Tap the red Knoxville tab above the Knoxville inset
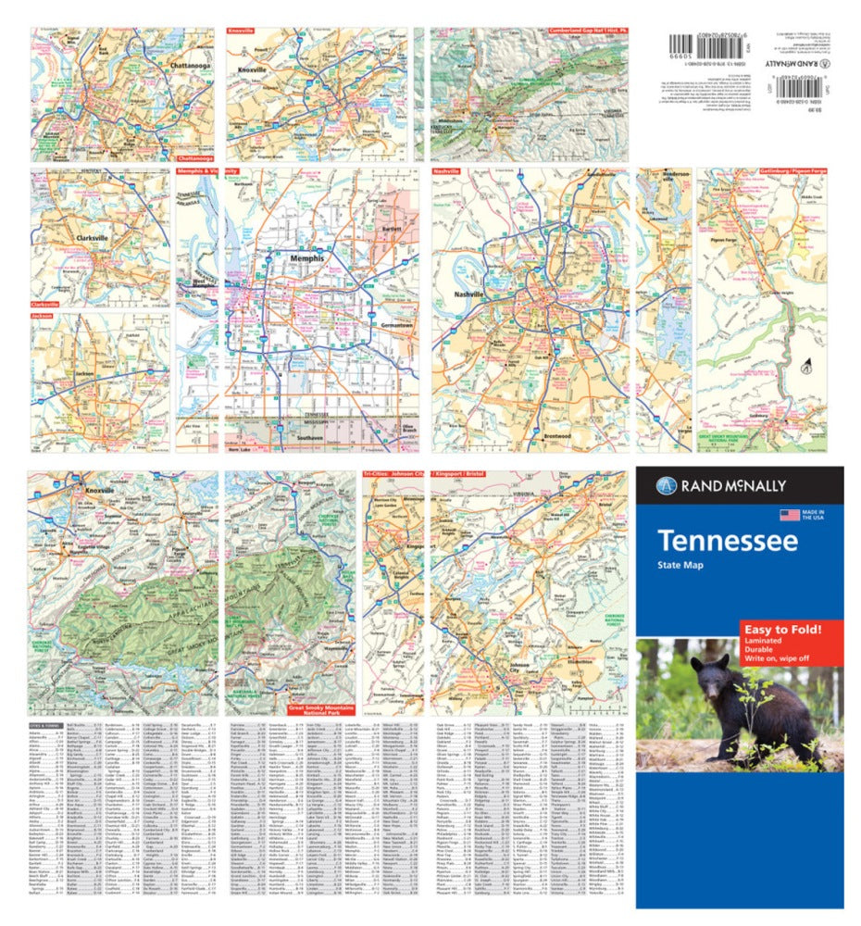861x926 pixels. tap(241, 31)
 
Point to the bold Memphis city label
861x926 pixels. tap(307, 258)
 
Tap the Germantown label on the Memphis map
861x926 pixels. tap(396, 325)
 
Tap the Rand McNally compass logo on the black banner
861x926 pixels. tap(663, 485)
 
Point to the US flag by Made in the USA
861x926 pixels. tap(789, 514)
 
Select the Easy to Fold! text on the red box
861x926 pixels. tap(779, 630)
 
